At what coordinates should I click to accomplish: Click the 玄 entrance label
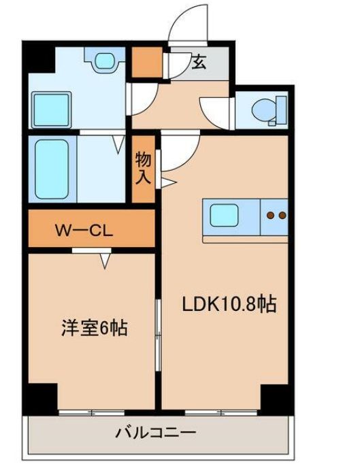199,63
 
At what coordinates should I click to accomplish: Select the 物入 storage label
144,167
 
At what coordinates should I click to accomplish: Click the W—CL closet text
82,230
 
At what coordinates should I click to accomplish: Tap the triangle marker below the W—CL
105,261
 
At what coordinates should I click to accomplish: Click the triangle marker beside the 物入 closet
167,181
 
